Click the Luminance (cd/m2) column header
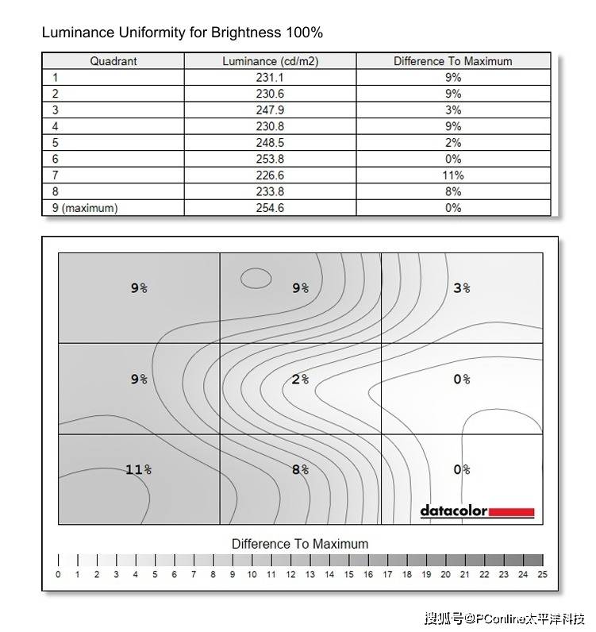click(x=271, y=61)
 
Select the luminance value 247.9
click(x=271, y=110)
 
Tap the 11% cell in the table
click(x=453, y=175)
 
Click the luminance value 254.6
click(x=271, y=208)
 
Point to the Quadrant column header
click(x=113, y=61)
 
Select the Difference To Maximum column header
click(x=453, y=61)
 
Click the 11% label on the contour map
click(x=138, y=470)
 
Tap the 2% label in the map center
click(x=300, y=380)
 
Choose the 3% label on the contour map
click(x=462, y=288)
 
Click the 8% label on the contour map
click(x=300, y=470)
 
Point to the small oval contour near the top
click(x=256, y=278)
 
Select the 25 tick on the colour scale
click(x=543, y=574)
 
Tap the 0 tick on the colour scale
click(x=58, y=574)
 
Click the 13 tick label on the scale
click(x=310, y=574)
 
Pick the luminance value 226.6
click(x=271, y=175)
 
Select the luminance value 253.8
click(x=271, y=159)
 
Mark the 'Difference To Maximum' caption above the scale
click(x=300, y=544)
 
